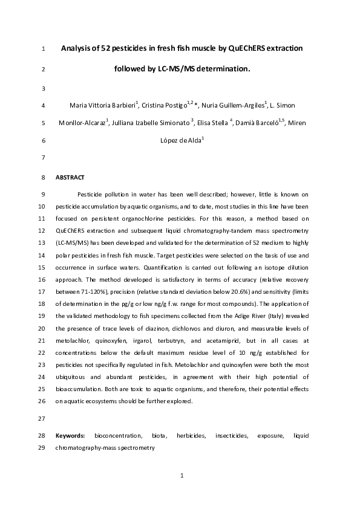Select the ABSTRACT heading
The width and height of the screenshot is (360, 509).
click(70, 178)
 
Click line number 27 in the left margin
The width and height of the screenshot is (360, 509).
click(41, 418)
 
